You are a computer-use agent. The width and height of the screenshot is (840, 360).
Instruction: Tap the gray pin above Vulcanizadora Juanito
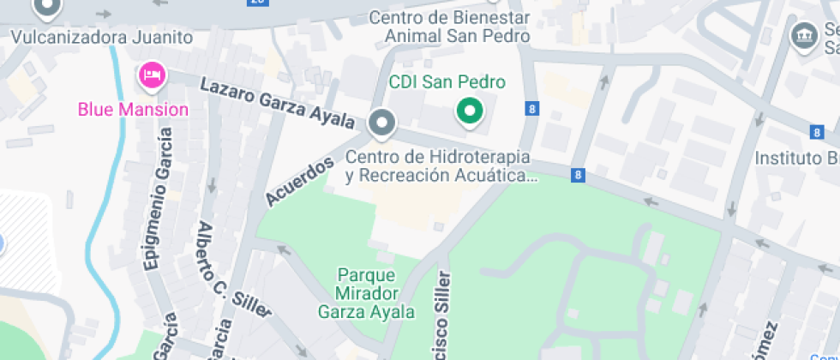coord(46,8)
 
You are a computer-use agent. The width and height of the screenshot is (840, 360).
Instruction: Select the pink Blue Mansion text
coord(133,109)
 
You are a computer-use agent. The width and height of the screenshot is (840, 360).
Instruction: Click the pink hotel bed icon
coord(153,75)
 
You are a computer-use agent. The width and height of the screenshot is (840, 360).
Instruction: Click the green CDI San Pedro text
coord(447,82)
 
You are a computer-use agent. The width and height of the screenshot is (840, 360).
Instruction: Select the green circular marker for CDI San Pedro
coord(468,111)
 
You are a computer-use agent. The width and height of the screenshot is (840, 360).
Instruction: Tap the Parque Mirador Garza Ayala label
coord(366,293)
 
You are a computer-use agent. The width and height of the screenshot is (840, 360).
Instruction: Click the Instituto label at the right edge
coord(796,159)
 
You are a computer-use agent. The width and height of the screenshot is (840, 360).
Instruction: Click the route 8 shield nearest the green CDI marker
coord(533,109)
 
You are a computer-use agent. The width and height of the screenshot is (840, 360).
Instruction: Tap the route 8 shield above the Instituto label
coord(817,132)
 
